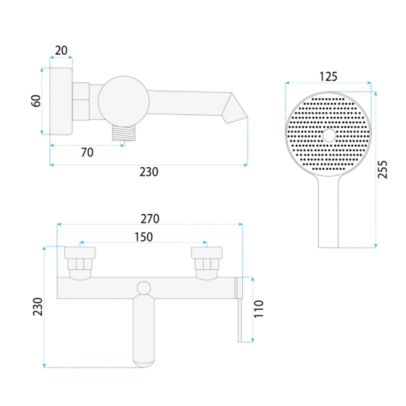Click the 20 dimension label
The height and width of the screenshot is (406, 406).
[x=61, y=50]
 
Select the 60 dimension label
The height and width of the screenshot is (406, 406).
[x=36, y=101]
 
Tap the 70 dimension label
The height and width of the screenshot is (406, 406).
[x=87, y=152]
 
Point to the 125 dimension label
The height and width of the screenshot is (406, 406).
[x=328, y=76]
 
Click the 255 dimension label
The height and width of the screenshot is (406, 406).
[x=382, y=170]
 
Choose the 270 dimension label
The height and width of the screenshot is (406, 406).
[x=150, y=219]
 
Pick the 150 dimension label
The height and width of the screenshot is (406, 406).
[x=143, y=237]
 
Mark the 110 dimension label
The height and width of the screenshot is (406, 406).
[x=258, y=309]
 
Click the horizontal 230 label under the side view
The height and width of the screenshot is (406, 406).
[x=149, y=172]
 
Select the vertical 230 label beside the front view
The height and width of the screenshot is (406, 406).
[x=37, y=307]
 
